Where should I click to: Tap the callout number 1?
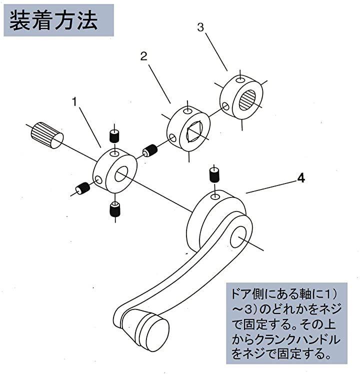tap(74, 101)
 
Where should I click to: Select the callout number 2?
tap(143, 57)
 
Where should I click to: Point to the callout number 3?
tap(200, 27)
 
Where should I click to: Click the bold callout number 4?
tap(300, 177)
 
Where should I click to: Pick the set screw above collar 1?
tap(113, 135)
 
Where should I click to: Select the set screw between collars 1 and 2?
tap(149, 150)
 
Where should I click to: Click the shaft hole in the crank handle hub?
tap(238, 236)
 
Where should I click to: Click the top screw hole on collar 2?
tap(187, 110)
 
